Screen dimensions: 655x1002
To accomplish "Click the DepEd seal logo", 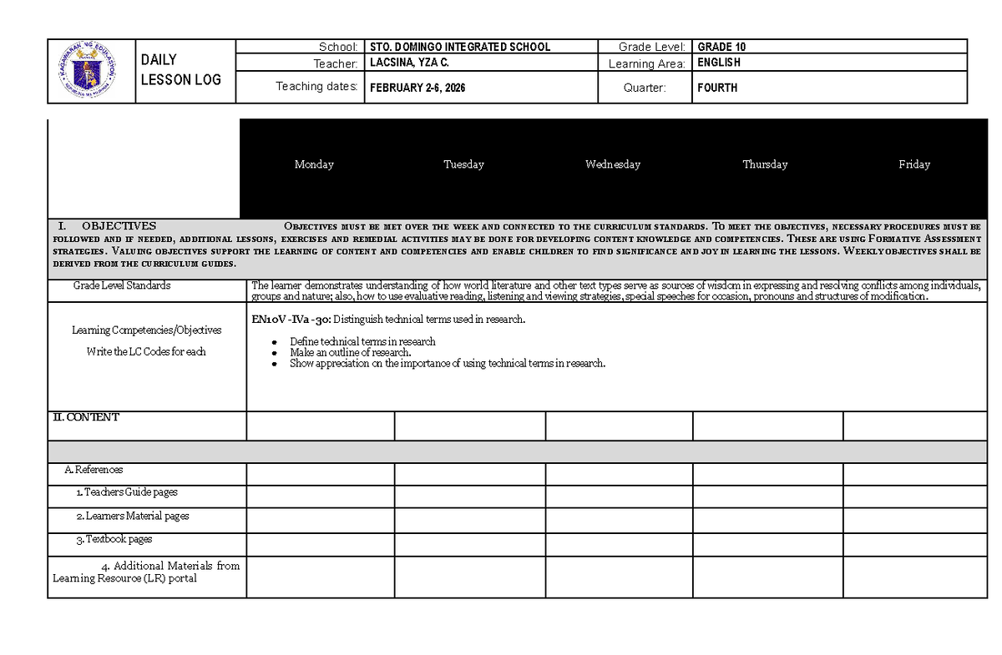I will click(92, 71).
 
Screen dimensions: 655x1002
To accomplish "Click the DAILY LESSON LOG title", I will click(181, 70).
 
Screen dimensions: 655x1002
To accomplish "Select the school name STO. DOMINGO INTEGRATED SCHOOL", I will click(460, 47).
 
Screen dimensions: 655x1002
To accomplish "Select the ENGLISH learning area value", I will click(719, 63).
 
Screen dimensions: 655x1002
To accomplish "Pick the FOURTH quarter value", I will click(717, 88).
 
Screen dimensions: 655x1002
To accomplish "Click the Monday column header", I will click(314, 164).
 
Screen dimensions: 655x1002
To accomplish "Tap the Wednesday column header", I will click(613, 164).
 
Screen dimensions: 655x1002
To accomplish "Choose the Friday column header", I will click(914, 164).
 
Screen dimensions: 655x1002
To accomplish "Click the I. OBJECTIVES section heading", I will click(106, 226).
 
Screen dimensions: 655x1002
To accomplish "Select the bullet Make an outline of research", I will click(350, 352).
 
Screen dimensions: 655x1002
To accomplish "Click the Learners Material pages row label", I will click(132, 516).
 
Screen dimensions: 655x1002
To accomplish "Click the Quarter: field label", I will click(645, 88).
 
